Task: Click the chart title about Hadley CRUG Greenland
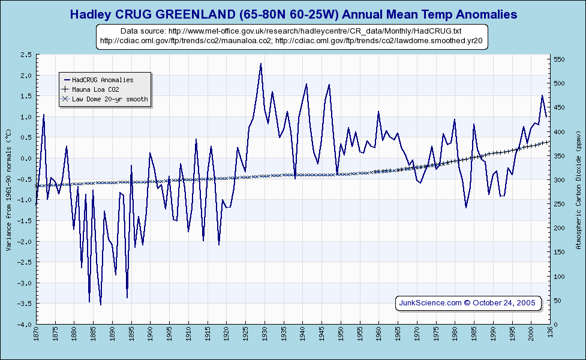coord(293,14)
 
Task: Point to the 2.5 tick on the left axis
coord(26,55)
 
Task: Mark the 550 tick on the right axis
coord(558,59)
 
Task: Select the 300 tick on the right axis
coord(558,180)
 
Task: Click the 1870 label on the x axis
coord(36,334)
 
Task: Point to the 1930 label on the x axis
coord(265,334)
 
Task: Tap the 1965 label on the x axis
coord(398,334)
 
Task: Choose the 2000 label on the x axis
coord(531,334)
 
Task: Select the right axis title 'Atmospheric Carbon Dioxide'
coord(579,189)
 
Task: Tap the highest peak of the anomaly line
coord(260,64)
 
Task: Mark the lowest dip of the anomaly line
coord(101,305)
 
